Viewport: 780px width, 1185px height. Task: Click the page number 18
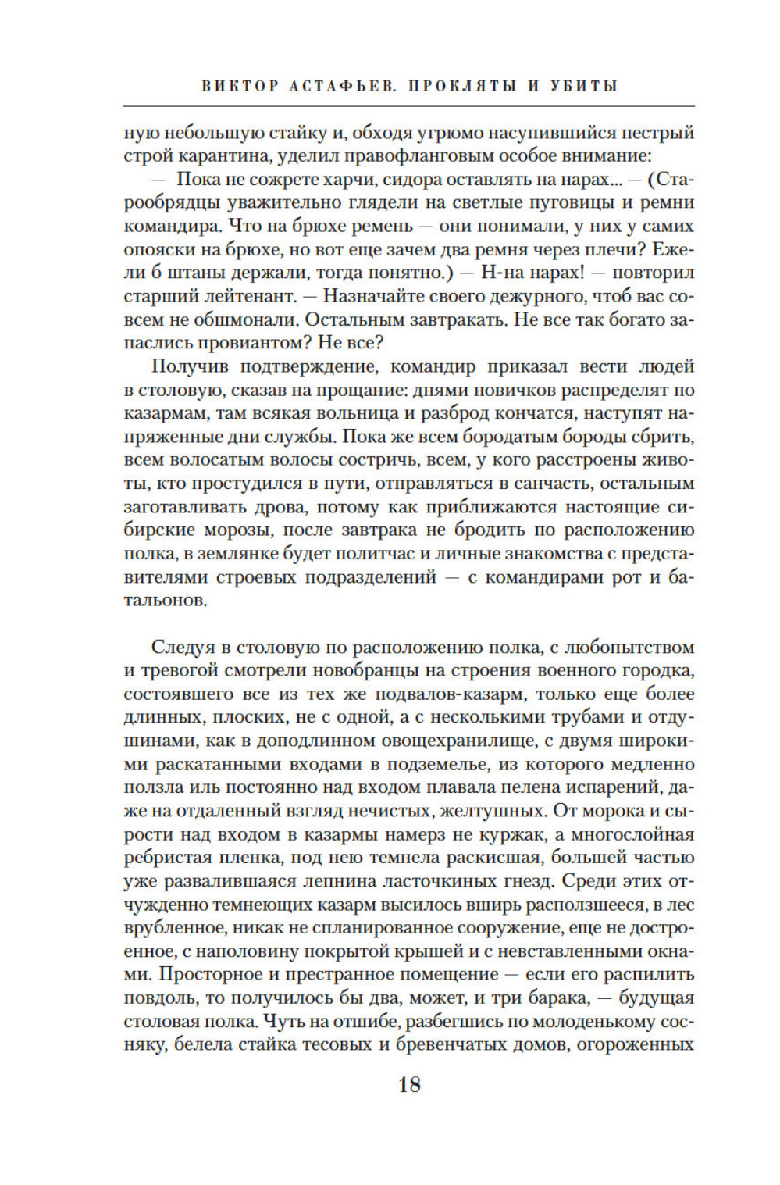coord(409,1084)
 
